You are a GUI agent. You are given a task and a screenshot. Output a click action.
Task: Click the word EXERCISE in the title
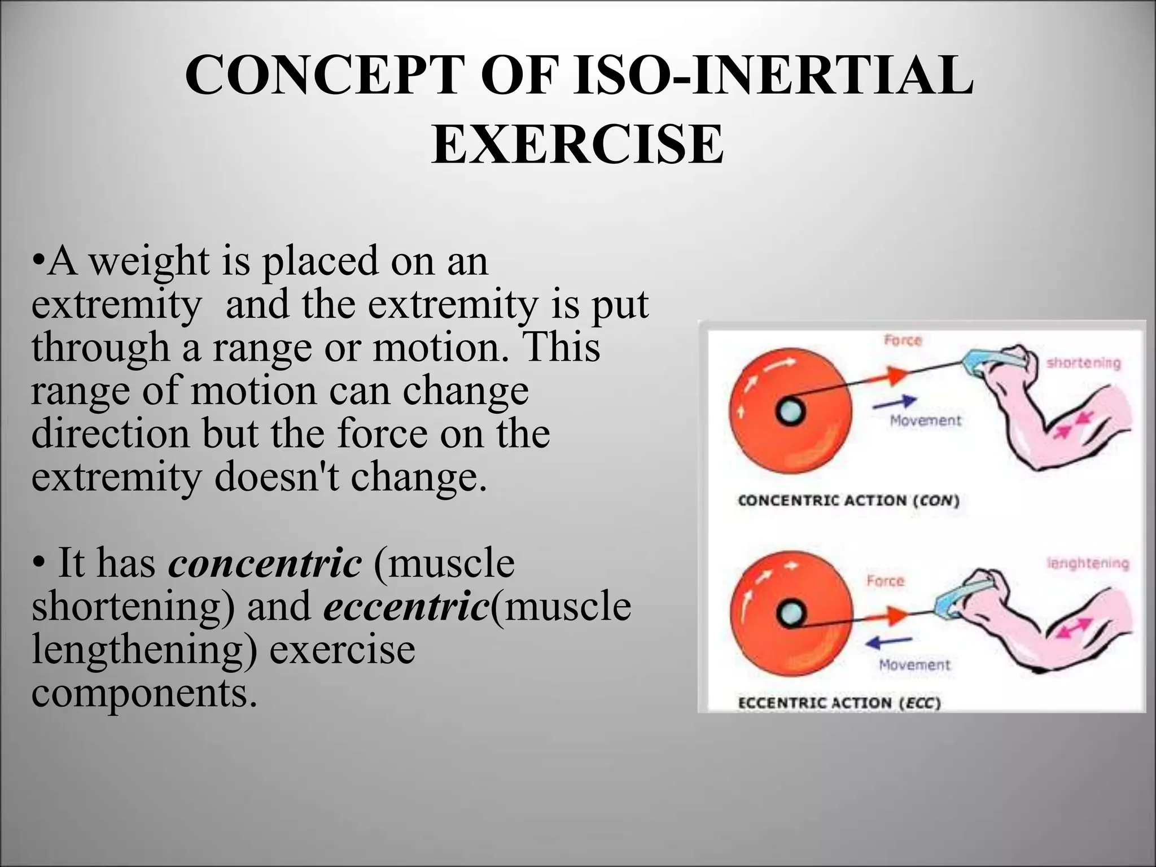tap(577, 144)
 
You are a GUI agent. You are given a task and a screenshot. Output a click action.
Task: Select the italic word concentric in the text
tap(265, 563)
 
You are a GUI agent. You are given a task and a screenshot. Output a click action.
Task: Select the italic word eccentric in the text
tap(406, 606)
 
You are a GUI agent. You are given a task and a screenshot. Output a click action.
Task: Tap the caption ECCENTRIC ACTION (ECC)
tap(839, 703)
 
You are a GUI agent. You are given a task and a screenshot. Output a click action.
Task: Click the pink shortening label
tap(1083, 363)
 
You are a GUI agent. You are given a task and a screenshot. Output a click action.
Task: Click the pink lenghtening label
tap(1087, 563)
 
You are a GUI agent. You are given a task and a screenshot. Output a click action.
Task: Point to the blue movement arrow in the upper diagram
tap(894, 402)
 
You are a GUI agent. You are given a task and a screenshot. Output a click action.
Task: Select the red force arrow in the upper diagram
tap(886, 375)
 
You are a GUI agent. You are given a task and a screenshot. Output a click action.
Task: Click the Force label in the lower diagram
tap(885, 581)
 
